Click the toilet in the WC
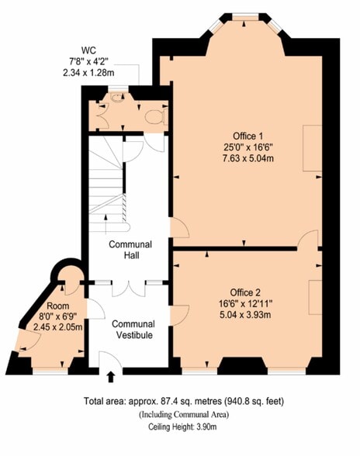(156, 117)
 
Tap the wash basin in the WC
(117, 98)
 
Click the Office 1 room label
(248, 136)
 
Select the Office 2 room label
(245, 292)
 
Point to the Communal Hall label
(130, 250)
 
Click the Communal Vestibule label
(133, 329)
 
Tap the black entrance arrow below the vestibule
(111, 377)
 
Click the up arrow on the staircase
(106, 224)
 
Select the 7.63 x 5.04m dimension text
(248, 158)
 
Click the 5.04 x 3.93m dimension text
(245, 315)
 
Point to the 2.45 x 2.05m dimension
(57, 327)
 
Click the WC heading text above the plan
(88, 50)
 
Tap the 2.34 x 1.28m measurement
(88, 72)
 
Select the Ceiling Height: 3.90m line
(182, 427)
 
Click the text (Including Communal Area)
(184, 414)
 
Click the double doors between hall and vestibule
(128, 288)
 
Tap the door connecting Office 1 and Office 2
(308, 240)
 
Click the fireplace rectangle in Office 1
(312, 148)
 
